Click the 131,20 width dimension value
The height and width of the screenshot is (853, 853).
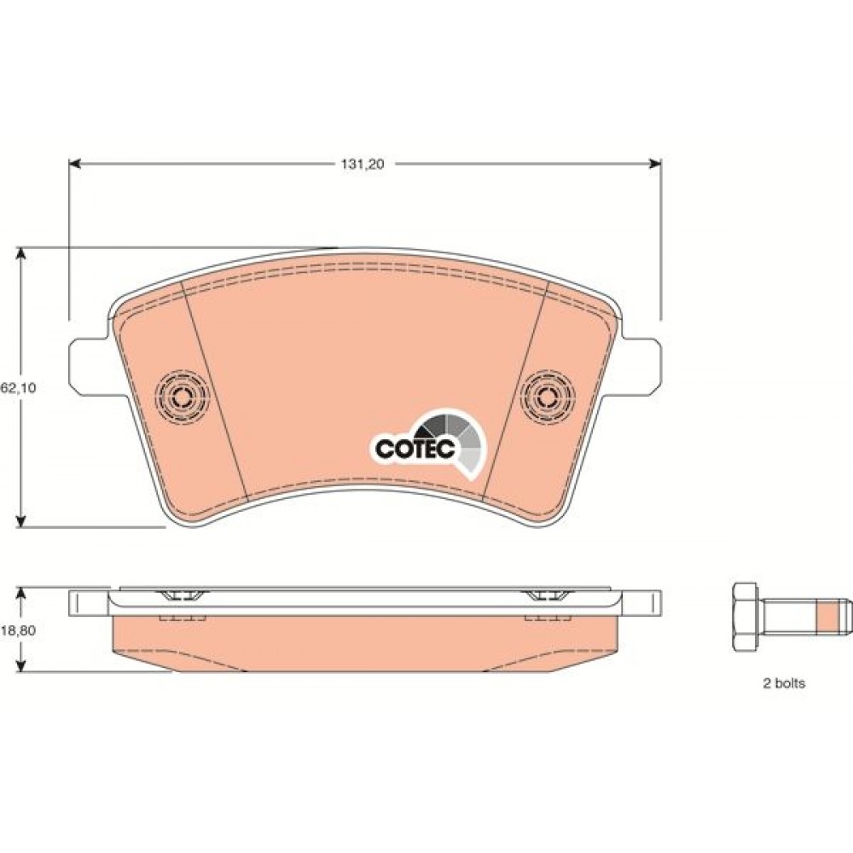point(363,165)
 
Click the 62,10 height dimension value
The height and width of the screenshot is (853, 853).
point(19,388)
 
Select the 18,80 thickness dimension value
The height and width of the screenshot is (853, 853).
point(19,630)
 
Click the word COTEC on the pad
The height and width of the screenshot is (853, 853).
point(415,449)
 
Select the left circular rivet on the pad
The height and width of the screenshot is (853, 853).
point(182,397)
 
